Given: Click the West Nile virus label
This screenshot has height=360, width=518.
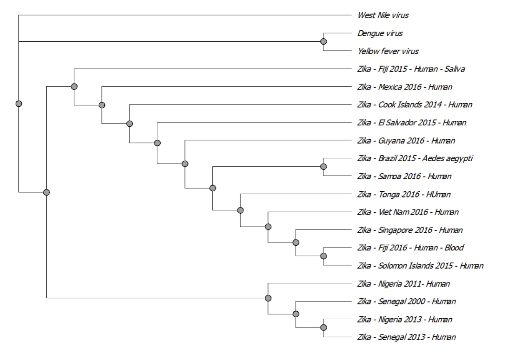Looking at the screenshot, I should [x=383, y=15].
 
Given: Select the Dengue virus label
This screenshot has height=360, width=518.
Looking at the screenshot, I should [x=380, y=33].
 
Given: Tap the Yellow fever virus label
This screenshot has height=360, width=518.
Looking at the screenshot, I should [x=388, y=51].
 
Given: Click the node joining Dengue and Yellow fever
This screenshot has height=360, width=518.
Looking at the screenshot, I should [x=323, y=42].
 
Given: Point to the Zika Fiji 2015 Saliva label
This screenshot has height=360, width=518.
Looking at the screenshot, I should [x=411, y=69].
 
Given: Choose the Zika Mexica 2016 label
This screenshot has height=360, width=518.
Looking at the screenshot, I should [x=405, y=87].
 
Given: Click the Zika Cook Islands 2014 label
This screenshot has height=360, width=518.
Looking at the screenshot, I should [x=415, y=105].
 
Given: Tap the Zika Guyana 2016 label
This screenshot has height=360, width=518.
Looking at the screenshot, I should [x=406, y=140].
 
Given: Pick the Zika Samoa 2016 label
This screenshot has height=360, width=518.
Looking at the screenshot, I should [x=404, y=176].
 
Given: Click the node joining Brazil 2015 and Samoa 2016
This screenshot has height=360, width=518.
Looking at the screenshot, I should [x=323, y=167].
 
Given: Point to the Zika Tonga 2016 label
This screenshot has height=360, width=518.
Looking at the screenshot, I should [x=404, y=194].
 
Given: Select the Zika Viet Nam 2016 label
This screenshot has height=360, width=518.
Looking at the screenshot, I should [x=408, y=212].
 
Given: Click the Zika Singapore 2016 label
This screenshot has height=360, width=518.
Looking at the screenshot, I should [x=410, y=230].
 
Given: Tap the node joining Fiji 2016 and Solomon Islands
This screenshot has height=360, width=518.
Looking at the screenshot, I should [x=323, y=256].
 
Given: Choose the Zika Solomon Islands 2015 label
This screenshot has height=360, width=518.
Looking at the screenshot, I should [x=420, y=266].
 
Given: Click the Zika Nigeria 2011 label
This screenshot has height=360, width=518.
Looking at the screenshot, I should [x=403, y=284].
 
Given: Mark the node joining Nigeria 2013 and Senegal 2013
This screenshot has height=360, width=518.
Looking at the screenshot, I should [x=323, y=328].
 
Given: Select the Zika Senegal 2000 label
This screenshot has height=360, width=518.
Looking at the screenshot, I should [x=406, y=301].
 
